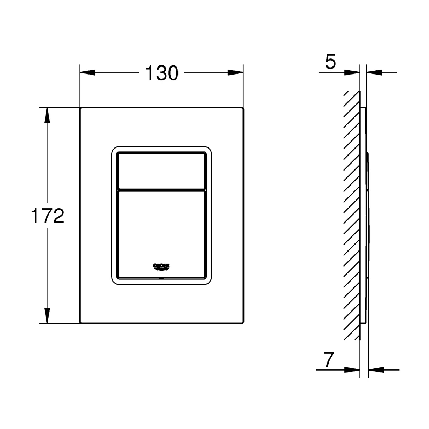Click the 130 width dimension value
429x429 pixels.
point(161,72)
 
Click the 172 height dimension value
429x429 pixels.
point(47,216)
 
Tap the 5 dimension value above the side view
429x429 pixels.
point(330,62)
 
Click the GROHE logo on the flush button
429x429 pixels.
point(161,266)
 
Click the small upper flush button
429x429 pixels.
point(161,171)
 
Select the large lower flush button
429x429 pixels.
point(161,231)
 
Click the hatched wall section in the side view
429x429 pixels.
point(352,214)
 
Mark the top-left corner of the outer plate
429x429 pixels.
point(80,108)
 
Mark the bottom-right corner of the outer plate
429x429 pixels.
point(243,323)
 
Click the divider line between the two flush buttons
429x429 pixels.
point(161,189)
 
